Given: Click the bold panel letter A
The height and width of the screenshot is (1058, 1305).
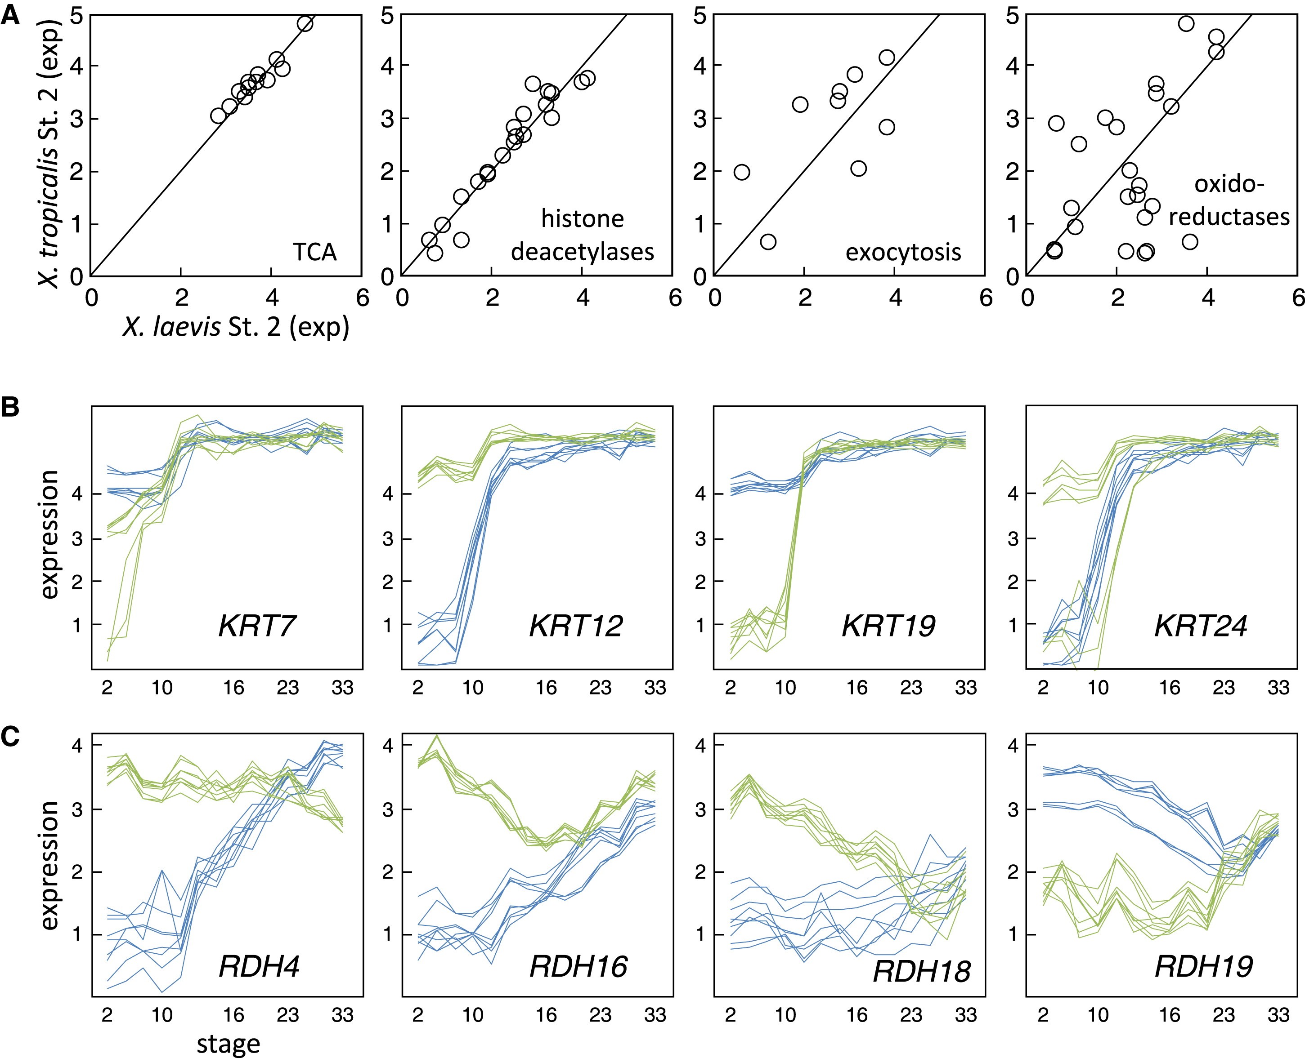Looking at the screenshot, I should (x=10, y=15).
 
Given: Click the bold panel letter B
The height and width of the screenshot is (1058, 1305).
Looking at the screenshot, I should (x=10, y=406).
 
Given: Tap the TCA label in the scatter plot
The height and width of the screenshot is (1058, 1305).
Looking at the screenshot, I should (x=314, y=252).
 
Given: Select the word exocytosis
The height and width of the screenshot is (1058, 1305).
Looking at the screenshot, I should (x=903, y=252).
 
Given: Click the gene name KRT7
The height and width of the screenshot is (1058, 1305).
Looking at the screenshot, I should (x=257, y=626).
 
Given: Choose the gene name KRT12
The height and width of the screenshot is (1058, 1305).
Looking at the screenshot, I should (x=576, y=626).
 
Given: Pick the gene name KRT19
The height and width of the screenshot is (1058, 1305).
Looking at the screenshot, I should (x=888, y=626).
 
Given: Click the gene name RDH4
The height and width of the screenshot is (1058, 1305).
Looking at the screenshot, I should (x=259, y=966).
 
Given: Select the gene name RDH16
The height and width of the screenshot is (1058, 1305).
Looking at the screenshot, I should (x=578, y=966).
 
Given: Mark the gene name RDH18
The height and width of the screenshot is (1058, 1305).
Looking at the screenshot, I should (x=921, y=971).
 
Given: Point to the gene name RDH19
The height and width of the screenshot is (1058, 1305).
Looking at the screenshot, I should (x=1204, y=966).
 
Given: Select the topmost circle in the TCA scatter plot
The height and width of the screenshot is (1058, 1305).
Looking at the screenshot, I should (x=305, y=24).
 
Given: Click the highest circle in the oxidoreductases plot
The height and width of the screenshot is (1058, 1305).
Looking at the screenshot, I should (x=1185, y=24).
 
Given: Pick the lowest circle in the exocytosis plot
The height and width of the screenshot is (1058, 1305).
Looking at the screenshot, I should (x=768, y=242).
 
